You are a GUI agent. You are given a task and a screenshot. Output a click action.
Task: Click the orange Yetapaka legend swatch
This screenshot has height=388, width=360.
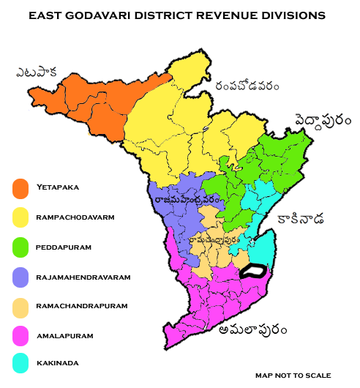tap(20, 188)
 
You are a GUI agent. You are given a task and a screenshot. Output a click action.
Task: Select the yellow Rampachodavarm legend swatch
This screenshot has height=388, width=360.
tap(20, 217)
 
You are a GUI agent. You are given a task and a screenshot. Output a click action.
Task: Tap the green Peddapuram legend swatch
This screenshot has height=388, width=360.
tap(20, 247)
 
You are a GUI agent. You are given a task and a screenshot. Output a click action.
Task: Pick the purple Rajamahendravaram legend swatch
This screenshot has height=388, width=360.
tap(20, 277)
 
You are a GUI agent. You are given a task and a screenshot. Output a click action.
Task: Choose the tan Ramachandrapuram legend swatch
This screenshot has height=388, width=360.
tap(20, 305)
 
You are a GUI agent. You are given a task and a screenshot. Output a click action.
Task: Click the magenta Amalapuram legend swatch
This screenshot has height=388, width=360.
tap(20, 335)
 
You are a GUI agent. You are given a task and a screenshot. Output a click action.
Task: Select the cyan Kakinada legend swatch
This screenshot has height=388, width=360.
tap(20, 362)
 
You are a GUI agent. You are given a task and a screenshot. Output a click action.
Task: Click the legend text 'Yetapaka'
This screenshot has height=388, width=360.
tap(57, 187)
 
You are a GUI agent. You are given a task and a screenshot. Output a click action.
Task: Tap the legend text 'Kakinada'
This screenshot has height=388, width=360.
tap(57, 362)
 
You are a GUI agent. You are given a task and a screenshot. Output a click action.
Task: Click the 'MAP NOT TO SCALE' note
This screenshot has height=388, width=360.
tap(293, 375)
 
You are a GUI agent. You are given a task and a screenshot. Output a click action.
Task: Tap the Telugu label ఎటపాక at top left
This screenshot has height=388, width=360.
tap(38, 72)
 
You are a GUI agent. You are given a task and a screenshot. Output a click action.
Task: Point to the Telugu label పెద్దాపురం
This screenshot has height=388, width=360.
tap(323, 119)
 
